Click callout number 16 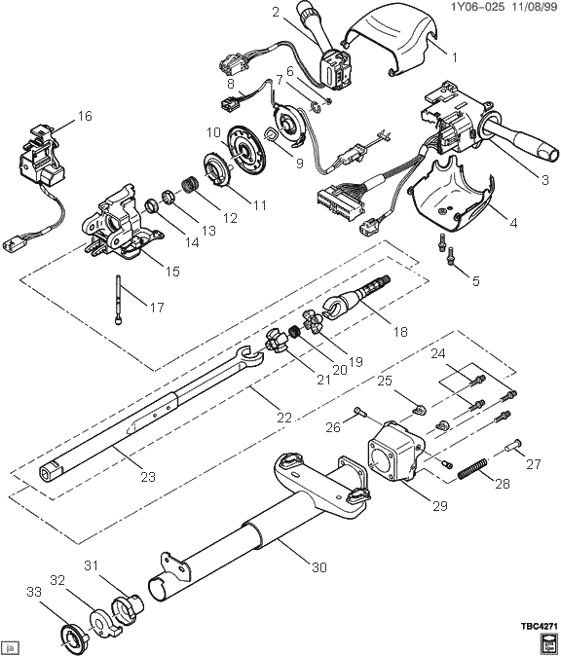tap(85, 117)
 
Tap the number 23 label tap(147, 477)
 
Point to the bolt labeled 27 tap(513, 449)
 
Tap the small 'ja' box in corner tap(11, 645)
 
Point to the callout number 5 tap(474, 281)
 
